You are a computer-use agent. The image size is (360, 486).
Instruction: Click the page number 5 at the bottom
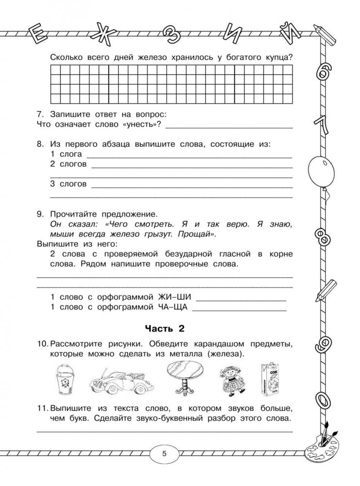tap(164, 454)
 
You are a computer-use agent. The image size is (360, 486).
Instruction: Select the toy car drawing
tap(119, 379)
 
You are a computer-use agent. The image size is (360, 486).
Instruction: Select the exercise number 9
tap(40, 214)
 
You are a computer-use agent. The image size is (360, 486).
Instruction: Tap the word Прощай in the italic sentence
tap(197, 234)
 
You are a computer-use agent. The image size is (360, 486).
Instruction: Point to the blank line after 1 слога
tap(189, 156)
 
